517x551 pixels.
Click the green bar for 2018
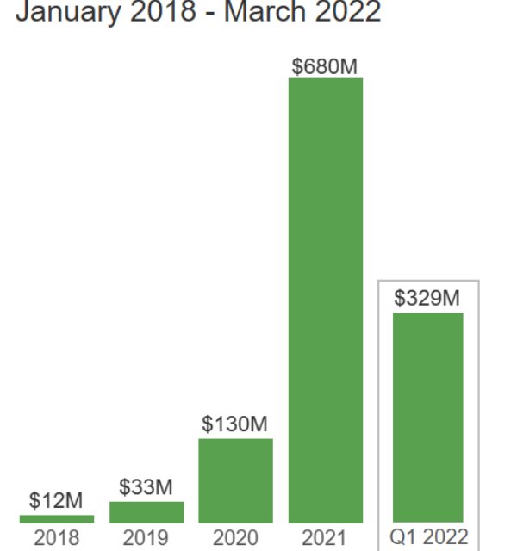coord(57,519)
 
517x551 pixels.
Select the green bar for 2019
coord(146,512)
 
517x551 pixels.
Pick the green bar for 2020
coord(235,480)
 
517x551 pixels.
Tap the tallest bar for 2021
coord(326,300)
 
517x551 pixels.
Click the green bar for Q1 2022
coord(428,418)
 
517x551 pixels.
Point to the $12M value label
coord(57,501)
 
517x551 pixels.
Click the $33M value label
coord(146,487)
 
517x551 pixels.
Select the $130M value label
coord(235,424)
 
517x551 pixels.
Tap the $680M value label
coord(326,65)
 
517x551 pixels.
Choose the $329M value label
coord(428,299)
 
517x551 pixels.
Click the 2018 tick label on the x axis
coord(57,539)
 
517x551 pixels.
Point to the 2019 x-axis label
coord(146,539)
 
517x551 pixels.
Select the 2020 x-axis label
coord(235,539)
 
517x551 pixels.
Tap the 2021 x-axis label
coord(326,539)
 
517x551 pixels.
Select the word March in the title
coord(263,13)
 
